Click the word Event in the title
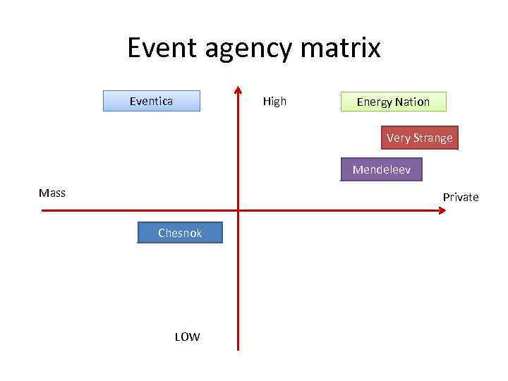(164, 48)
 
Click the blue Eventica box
(152, 101)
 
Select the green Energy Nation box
(393, 102)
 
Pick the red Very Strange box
(419, 138)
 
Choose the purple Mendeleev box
(381, 170)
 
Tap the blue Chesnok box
(180, 233)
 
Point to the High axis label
(274, 101)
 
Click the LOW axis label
(187, 337)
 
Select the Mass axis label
(52, 193)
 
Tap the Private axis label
(460, 197)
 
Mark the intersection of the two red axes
(238, 210)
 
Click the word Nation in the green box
(412, 102)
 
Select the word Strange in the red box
(433, 138)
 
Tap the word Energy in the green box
(375, 102)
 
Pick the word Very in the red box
(399, 138)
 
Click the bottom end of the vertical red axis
(238, 349)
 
